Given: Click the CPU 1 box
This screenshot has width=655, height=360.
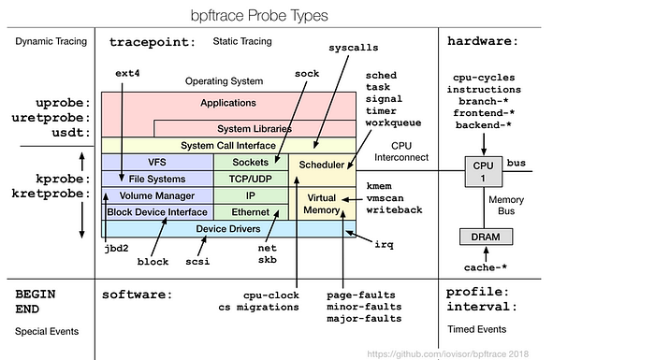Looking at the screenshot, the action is point(484,172).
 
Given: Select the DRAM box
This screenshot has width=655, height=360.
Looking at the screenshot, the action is point(486,237).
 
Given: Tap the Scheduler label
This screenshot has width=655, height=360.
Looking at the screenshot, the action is point(322,165).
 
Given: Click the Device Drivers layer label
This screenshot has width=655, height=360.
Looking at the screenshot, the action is point(228,229).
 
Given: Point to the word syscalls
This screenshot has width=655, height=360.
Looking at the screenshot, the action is point(354,48).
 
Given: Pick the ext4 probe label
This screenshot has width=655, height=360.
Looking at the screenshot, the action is point(127,73).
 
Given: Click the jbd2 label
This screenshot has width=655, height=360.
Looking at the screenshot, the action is point(116,248).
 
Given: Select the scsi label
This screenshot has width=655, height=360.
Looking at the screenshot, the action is point(197,262).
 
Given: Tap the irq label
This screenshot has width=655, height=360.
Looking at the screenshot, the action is point(384,244).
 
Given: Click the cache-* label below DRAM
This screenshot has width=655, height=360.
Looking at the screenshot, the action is point(486,267).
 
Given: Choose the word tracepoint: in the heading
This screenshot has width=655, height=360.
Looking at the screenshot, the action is point(152,42).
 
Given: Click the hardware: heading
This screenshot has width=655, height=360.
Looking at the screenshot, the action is point(483,41).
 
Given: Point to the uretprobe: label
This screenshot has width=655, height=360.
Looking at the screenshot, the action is point(51,118).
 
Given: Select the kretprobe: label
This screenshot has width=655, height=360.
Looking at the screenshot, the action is point(51,194).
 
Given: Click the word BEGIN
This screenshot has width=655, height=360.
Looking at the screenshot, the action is point(36,294).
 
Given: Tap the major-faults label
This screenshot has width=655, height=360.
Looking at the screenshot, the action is point(364,319).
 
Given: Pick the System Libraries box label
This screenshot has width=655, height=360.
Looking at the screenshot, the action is point(255,129).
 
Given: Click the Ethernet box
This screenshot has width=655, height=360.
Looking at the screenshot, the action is point(251,212).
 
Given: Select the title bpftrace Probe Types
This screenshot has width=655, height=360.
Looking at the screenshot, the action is point(259,16).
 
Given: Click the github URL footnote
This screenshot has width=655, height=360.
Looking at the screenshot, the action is point(448,354).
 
